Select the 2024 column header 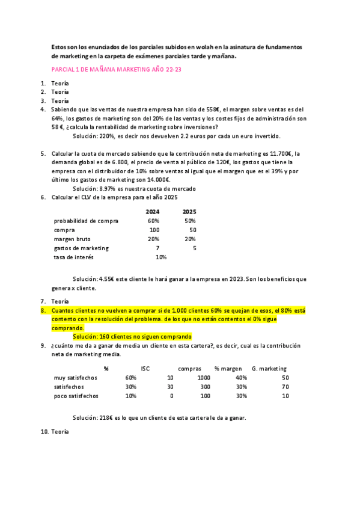152,212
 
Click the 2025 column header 189,212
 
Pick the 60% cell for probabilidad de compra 153,221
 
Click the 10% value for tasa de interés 160,257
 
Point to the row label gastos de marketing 81,248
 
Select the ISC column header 145,368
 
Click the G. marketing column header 269,368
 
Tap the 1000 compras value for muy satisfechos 204,377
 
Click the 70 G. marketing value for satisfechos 285,387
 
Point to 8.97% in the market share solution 106,188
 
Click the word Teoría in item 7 60,301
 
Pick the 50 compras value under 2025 192,230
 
